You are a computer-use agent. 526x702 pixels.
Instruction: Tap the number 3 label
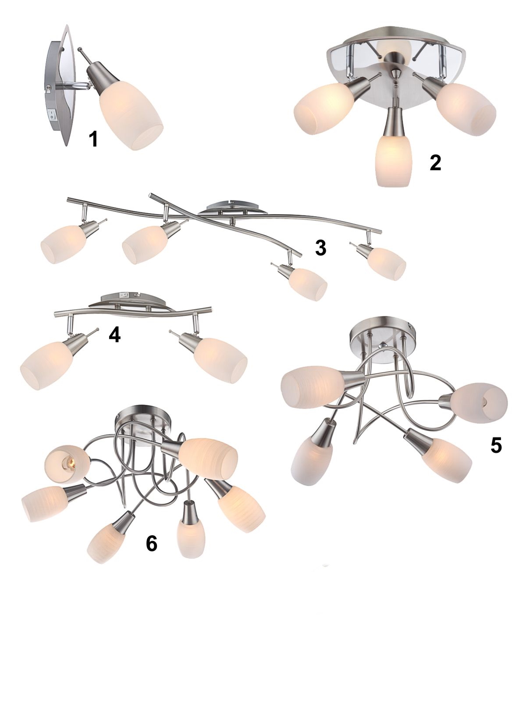[x=320, y=248]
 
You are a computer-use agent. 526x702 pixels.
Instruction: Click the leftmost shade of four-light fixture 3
[x=64, y=245]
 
